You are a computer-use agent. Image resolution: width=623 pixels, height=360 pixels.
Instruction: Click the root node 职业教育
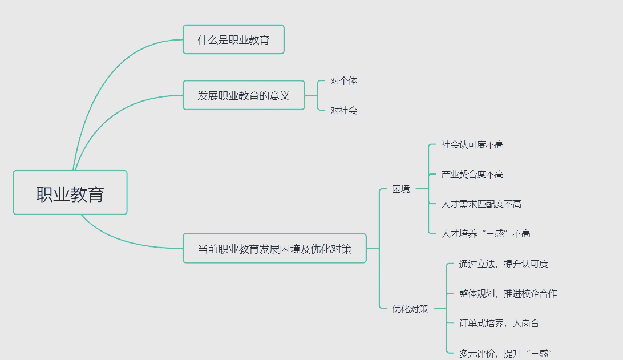click(70, 193)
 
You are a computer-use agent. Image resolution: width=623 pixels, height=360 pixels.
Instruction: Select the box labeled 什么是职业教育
click(233, 40)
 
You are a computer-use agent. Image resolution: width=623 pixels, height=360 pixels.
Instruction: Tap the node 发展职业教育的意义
click(244, 95)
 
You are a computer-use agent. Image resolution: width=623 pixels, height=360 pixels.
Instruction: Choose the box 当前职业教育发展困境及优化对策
click(274, 248)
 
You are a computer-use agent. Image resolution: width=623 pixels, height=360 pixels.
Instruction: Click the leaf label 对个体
click(344, 81)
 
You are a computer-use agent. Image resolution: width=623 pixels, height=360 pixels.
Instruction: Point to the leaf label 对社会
click(344, 111)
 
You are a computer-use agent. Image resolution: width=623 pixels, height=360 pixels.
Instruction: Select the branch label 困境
click(401, 189)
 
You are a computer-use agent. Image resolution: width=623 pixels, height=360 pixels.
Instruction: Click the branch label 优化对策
click(410, 309)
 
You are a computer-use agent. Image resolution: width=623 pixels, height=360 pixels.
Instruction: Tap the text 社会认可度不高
click(472, 145)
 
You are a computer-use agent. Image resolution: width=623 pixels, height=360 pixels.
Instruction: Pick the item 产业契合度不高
click(472, 175)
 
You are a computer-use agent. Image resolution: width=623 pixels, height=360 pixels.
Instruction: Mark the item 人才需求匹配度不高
click(481, 204)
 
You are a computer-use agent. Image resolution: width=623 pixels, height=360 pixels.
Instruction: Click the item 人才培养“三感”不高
click(486, 234)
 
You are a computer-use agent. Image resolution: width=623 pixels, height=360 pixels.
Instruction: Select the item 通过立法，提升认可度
click(503, 264)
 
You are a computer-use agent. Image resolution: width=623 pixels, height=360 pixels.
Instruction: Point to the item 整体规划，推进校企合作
click(508, 294)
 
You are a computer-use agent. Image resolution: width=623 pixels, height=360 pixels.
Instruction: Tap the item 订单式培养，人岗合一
click(503, 323)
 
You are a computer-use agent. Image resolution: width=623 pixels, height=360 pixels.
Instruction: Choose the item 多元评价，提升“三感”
click(505, 353)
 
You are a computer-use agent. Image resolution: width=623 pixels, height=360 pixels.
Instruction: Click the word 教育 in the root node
click(87, 193)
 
